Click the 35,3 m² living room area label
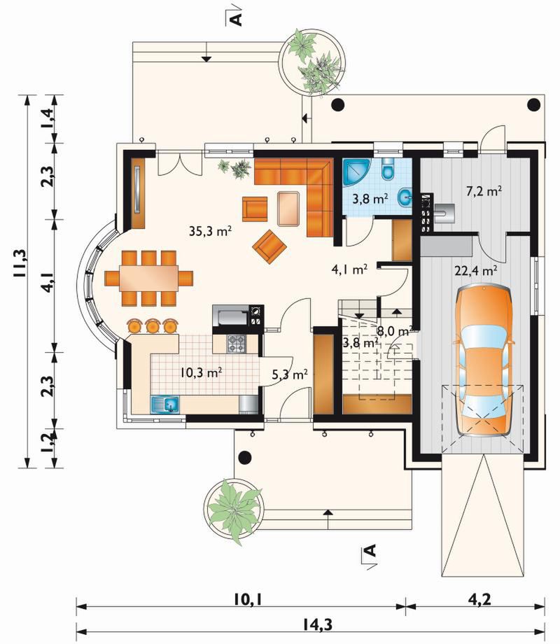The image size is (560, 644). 211,231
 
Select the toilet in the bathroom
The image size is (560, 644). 387,169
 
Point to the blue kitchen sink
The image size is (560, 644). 165,405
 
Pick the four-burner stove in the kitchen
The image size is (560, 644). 237,344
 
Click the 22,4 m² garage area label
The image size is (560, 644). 476,270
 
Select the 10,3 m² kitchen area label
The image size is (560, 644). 202,373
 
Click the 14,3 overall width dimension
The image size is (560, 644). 317,624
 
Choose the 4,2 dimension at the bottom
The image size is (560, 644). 479,599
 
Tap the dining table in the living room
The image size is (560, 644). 148,279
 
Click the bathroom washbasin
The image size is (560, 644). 405,198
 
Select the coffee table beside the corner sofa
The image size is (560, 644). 288,209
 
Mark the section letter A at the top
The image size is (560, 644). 235,17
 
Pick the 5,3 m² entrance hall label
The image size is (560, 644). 290,374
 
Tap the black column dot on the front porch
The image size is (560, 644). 245,457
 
